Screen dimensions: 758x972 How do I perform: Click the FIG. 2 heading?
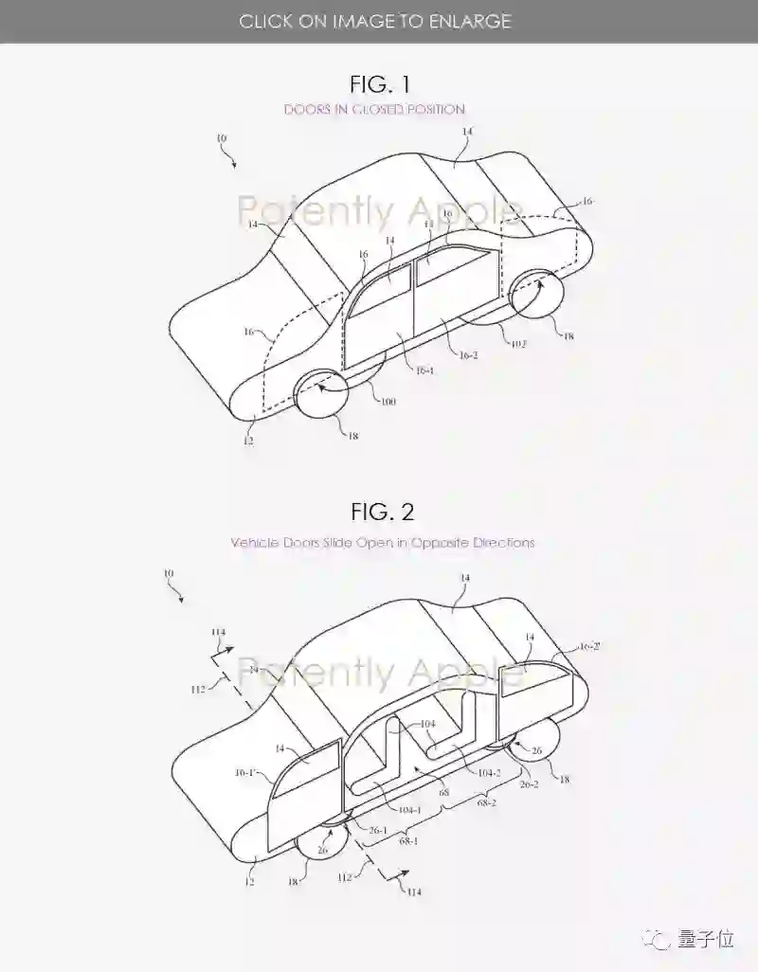pyautogui.click(x=383, y=512)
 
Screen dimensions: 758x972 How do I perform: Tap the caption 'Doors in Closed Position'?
pyautogui.click(x=374, y=109)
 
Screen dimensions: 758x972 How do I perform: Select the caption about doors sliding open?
pyautogui.click(x=383, y=543)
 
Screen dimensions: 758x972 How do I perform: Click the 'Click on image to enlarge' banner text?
pyautogui.click(x=375, y=21)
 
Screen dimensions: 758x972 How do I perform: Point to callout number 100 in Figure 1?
pyautogui.click(x=388, y=402)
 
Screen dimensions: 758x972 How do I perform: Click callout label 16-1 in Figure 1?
pyautogui.click(x=423, y=371)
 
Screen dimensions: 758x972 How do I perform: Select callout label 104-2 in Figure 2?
pyautogui.click(x=488, y=774)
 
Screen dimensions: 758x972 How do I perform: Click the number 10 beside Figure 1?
pyautogui.click(x=221, y=138)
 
